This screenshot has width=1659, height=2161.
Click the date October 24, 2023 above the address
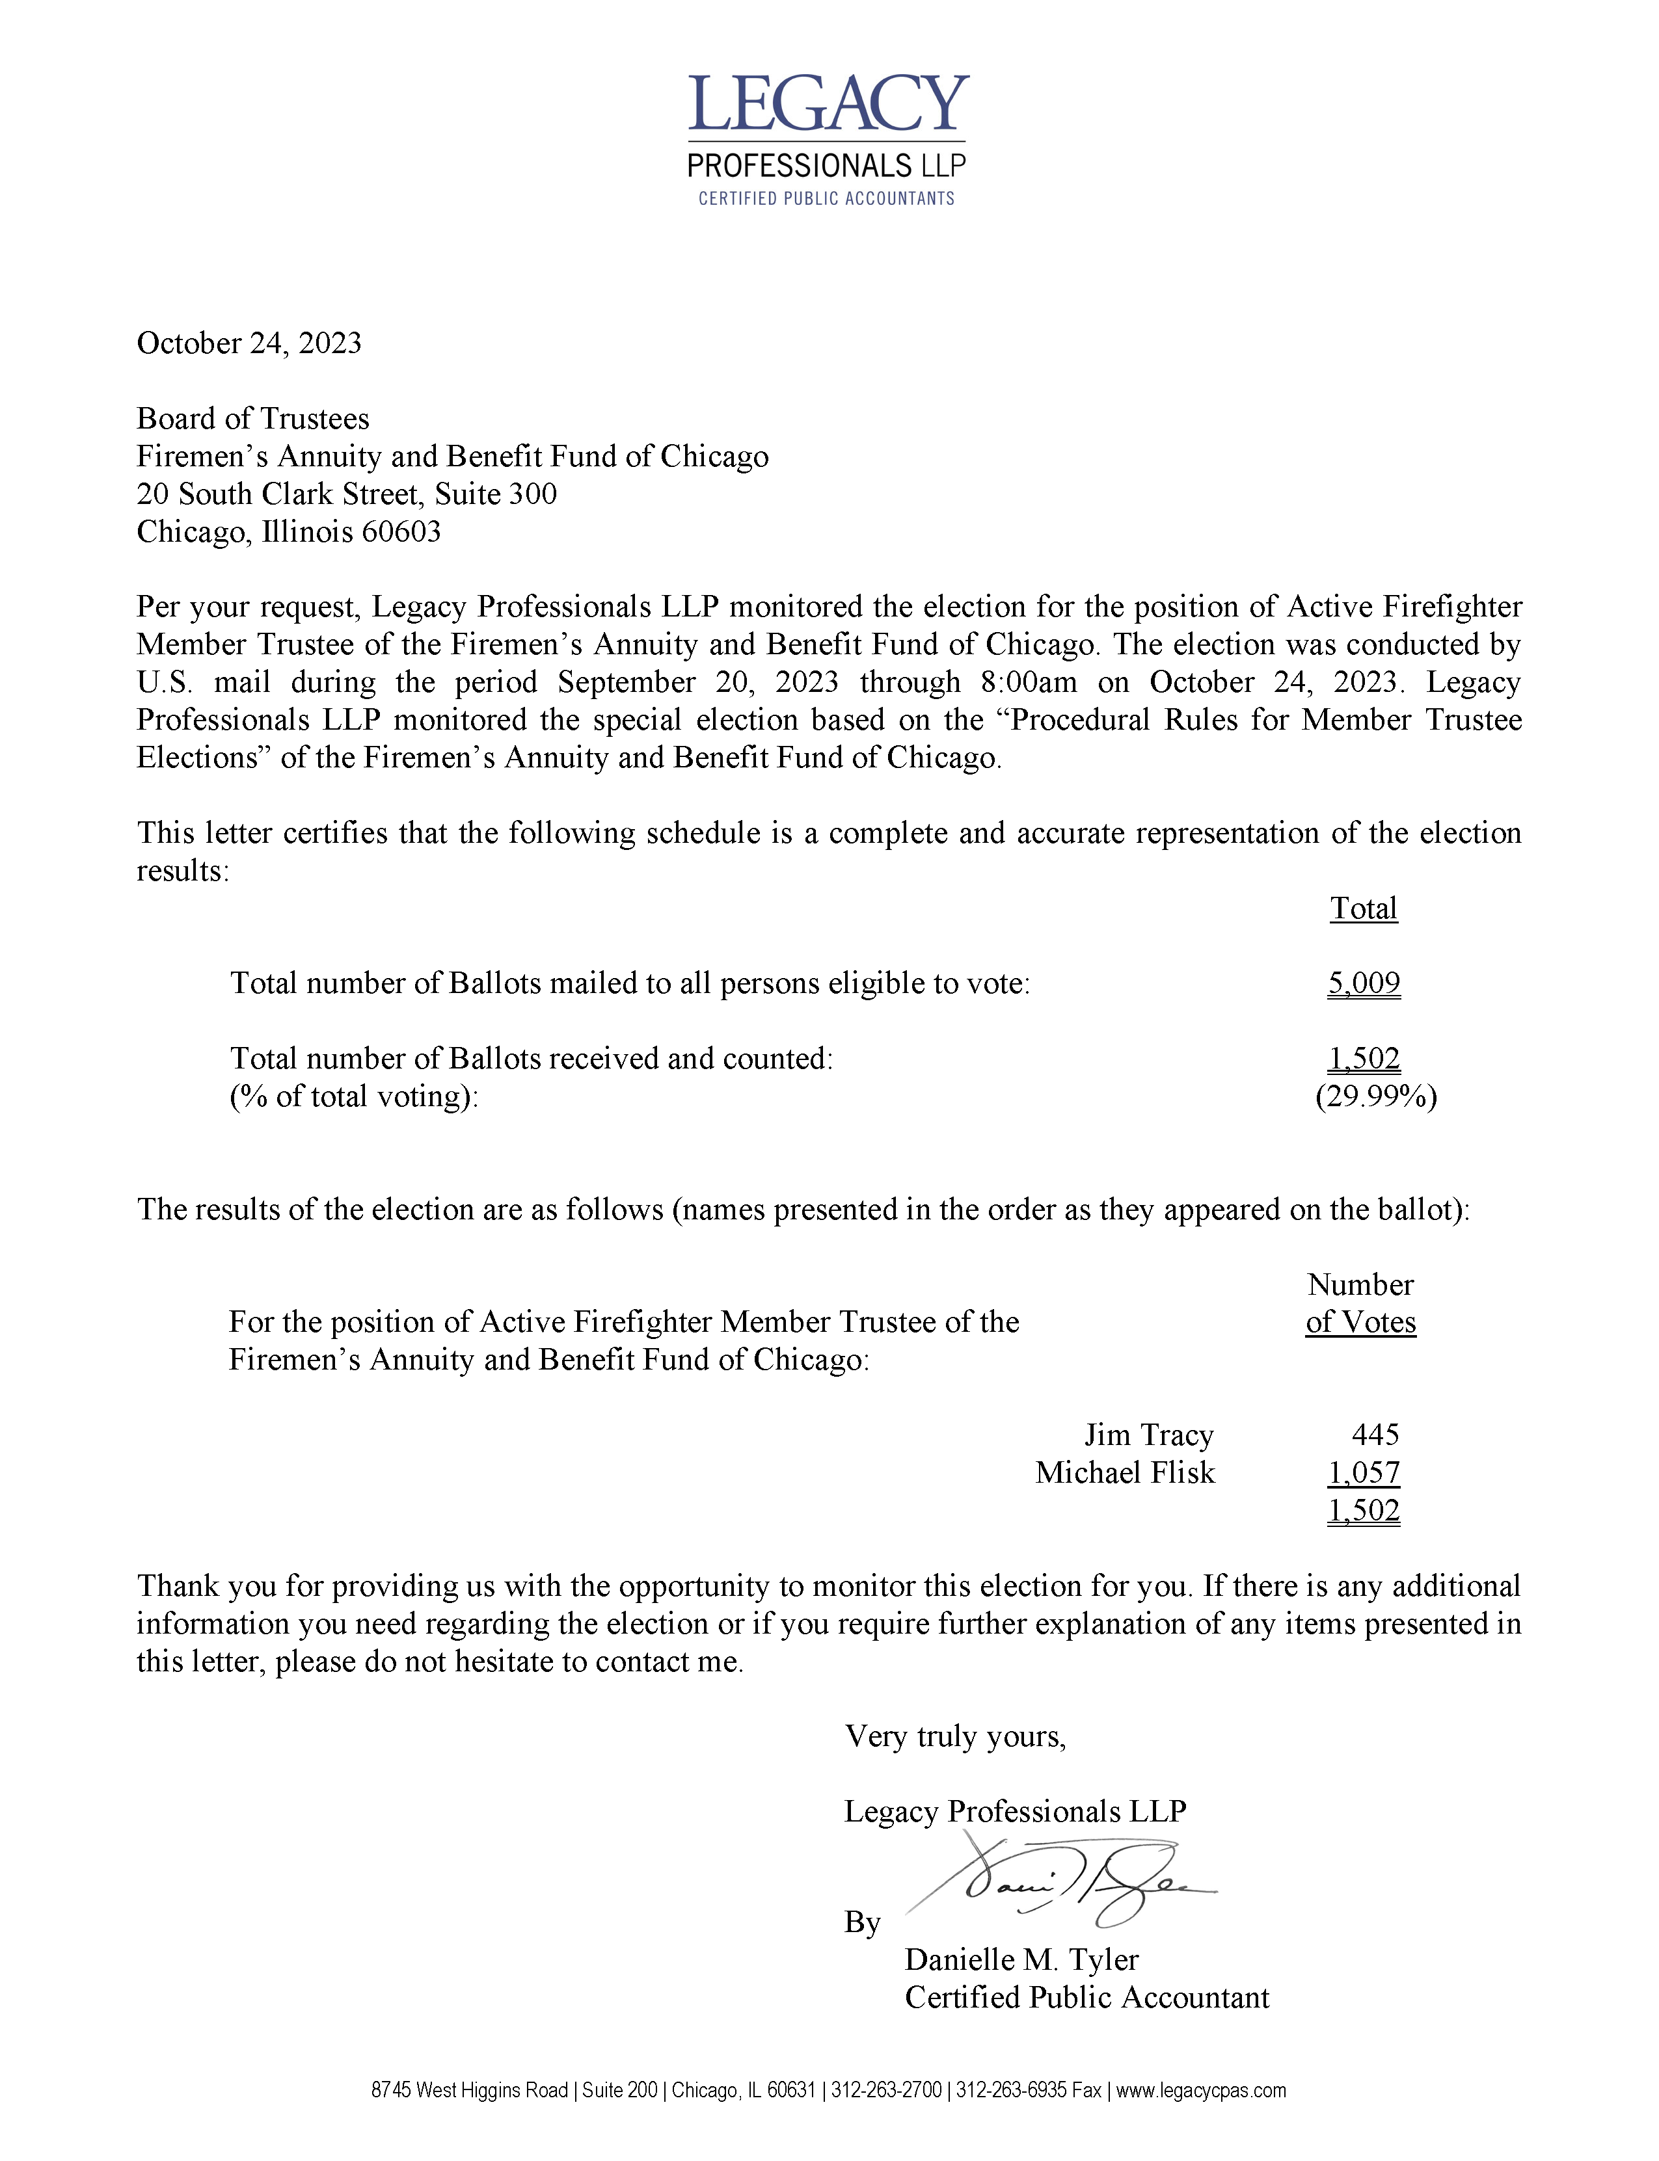coord(249,343)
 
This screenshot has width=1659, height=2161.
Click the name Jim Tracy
coord(1148,1435)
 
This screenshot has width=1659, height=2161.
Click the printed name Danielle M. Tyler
coord(1021,1959)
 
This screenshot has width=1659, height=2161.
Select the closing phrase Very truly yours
coord(955,1736)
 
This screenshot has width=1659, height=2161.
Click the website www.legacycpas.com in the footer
coord(1201,2090)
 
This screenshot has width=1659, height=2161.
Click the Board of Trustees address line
coord(253,419)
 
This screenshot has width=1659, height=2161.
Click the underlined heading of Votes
coord(1361,1322)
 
